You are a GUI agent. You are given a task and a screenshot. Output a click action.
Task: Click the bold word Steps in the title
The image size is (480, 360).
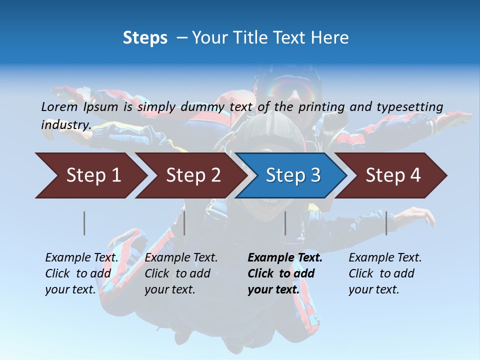tap(145, 37)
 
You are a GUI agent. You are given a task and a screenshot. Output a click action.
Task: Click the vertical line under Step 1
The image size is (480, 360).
tap(84, 223)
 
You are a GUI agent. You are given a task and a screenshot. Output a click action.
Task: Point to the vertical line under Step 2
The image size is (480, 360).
tap(184, 223)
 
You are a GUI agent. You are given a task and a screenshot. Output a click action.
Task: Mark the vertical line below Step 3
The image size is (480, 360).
tap(285, 223)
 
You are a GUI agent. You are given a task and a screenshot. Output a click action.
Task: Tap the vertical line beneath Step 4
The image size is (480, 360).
tap(386, 223)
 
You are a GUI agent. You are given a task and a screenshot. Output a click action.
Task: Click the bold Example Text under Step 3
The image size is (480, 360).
tap(285, 258)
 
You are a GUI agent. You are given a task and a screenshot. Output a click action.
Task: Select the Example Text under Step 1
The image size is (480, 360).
tap(81, 258)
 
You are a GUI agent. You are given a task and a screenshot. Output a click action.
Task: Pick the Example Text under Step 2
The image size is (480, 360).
tap(181, 258)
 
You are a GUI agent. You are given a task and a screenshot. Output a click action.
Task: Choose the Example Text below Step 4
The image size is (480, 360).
tap(385, 258)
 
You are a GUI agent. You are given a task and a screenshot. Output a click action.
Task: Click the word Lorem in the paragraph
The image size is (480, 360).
tap(59, 107)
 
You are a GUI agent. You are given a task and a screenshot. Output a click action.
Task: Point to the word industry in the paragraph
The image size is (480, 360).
tap(66, 125)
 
